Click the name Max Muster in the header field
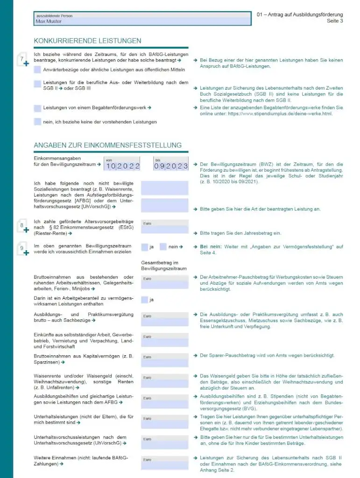49,21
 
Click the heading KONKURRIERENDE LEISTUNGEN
87,41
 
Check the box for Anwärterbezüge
37,70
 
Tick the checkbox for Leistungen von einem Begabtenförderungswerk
37,108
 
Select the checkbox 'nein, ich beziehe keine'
37,122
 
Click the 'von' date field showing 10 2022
123,166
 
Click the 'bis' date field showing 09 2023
171,166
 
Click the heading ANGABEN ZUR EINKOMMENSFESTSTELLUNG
107,145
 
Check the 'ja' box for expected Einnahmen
144,247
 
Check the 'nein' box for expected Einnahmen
163,247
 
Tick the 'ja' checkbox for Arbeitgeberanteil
144,300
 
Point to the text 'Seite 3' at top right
334,21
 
